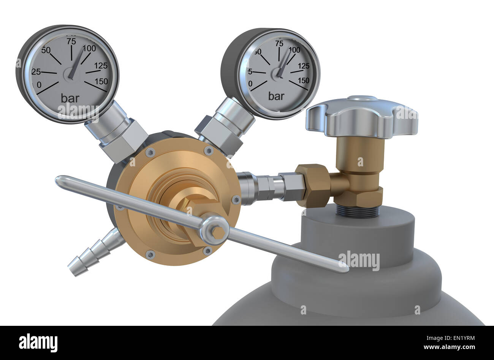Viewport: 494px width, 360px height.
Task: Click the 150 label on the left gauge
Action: click(x=101, y=81)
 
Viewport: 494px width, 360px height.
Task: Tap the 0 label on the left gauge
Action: click(x=39, y=84)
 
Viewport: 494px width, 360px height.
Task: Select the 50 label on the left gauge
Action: click(x=46, y=50)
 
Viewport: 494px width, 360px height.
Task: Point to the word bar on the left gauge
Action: click(x=70, y=98)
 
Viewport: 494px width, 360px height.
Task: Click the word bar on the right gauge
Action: click(x=276, y=96)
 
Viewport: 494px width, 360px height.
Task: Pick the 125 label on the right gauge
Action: click(x=304, y=66)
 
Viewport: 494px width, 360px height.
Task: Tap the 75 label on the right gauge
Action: click(x=279, y=43)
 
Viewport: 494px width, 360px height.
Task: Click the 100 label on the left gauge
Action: click(x=89, y=48)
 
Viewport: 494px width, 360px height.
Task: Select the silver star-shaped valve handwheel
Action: click(x=362, y=116)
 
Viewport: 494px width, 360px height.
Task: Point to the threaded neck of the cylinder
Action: click(x=357, y=211)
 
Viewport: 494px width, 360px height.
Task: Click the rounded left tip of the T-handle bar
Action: click(x=59, y=181)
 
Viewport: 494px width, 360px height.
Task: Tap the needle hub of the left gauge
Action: click(x=70, y=73)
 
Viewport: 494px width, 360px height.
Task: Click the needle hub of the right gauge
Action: click(x=279, y=73)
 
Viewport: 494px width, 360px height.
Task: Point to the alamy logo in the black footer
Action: click(x=38, y=343)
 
